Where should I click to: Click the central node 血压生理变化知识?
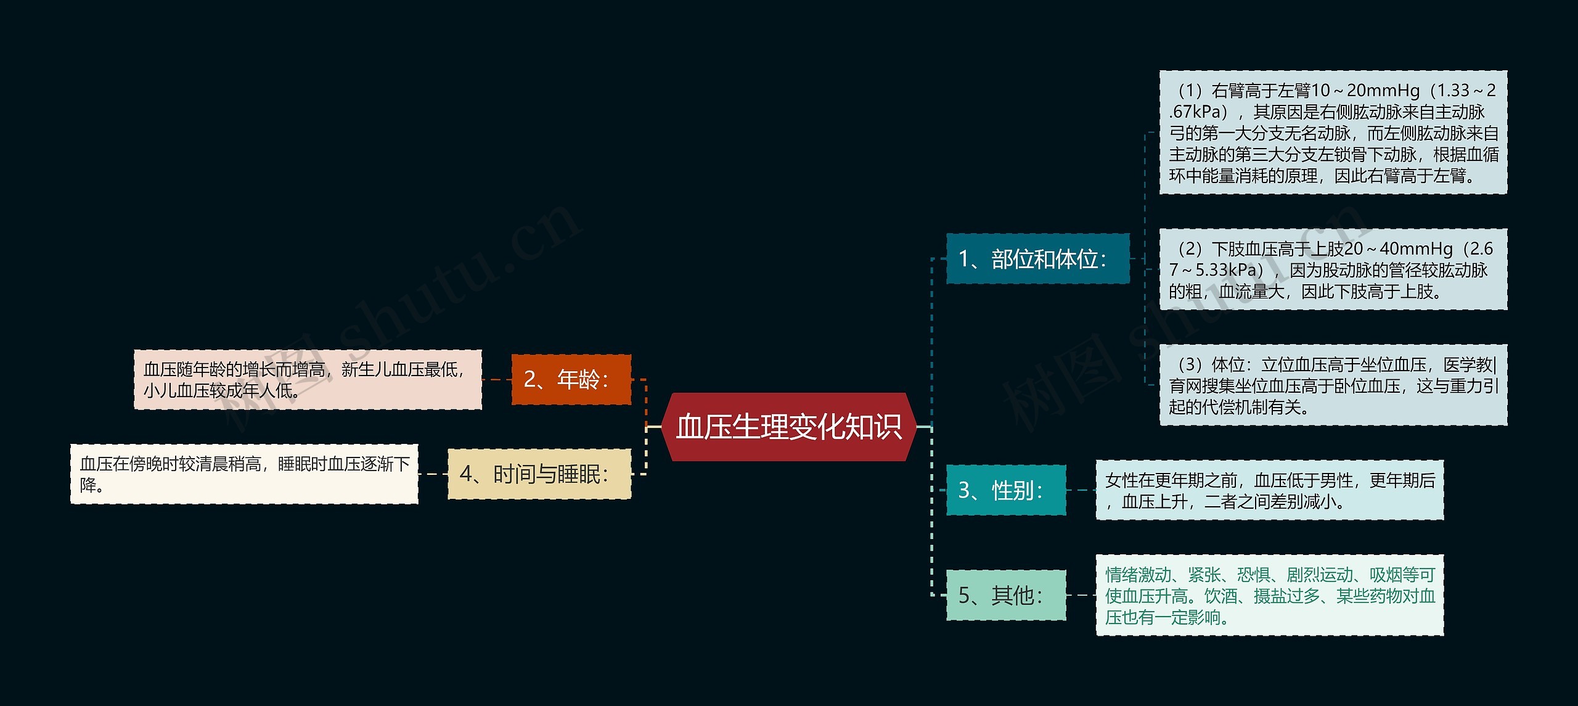tap(788, 427)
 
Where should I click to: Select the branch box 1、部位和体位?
tap(1037, 259)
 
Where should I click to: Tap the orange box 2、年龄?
tap(571, 379)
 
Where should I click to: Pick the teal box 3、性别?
tap(1005, 490)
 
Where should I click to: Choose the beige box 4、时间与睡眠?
tap(539, 474)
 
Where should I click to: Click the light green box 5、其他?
tap(1005, 595)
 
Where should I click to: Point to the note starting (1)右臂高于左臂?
tap(1333, 133)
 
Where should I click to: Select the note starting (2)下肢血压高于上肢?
tap(1333, 269)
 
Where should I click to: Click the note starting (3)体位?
tap(1333, 385)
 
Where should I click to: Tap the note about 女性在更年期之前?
tap(1269, 490)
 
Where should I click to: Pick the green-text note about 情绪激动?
tap(1269, 595)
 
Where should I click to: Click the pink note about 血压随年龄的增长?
tap(308, 379)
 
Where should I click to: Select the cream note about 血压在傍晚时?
tap(244, 474)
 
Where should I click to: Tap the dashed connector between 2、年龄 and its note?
tap(497, 379)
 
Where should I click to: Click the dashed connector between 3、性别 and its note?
tap(1081, 490)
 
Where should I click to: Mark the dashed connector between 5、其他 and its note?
tap(1081, 595)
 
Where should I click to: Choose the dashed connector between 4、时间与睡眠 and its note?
tap(433, 474)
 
